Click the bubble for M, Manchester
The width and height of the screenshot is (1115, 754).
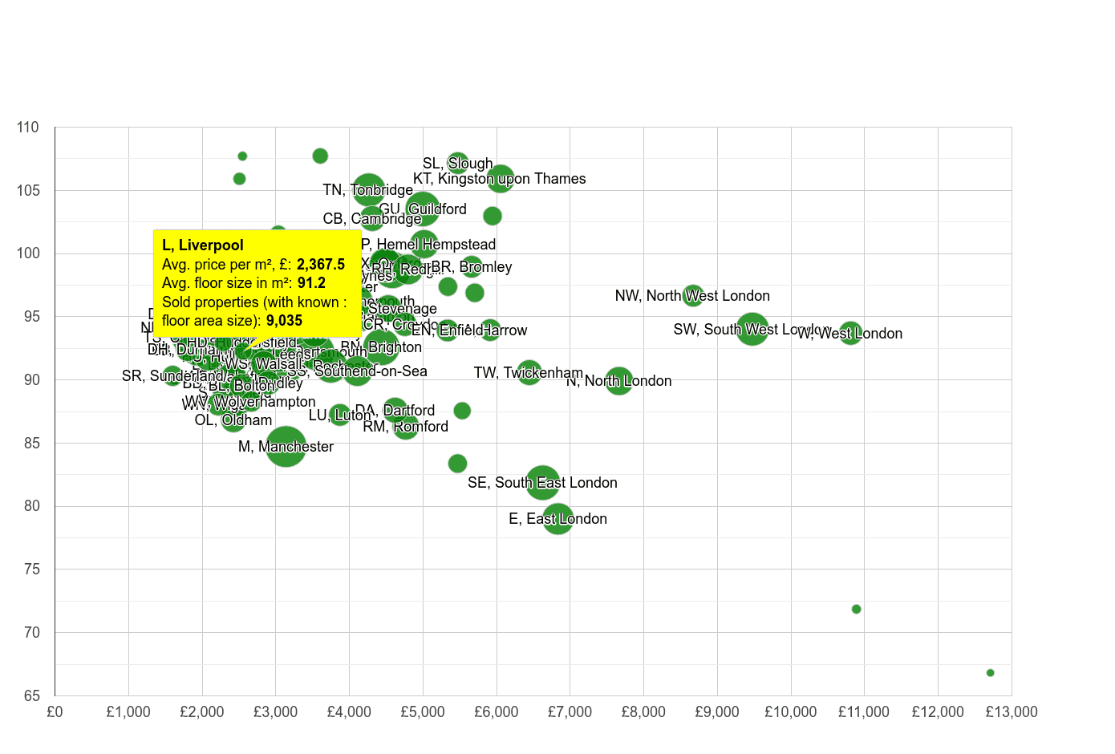coord(286,447)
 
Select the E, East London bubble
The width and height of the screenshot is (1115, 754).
coord(557,519)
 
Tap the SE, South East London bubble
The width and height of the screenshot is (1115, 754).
coord(543,483)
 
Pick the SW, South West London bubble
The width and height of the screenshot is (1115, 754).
coord(752,330)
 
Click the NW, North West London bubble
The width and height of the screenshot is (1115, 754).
coord(693,296)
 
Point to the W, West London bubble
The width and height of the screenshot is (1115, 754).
coord(850,333)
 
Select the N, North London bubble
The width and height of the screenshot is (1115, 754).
coord(618,381)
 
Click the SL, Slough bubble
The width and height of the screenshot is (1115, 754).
coord(458,164)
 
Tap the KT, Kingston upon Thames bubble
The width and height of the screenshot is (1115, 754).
coord(501,178)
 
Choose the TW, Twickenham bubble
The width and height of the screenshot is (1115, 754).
coord(529,373)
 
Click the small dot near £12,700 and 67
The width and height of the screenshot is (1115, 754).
coord(990,673)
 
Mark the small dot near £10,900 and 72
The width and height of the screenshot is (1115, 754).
coord(856,610)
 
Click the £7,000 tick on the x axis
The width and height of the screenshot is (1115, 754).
coord(570,712)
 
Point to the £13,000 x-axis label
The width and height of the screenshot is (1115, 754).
coord(1011,712)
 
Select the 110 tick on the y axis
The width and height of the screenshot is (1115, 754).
coord(28,128)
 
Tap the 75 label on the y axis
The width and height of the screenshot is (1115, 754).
coord(30,570)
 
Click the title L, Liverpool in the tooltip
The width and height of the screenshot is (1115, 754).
coord(203,245)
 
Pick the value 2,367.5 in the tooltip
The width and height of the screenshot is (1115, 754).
coord(321,265)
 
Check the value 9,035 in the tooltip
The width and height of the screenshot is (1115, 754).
coord(284,321)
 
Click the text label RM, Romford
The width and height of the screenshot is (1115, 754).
coord(405,427)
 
